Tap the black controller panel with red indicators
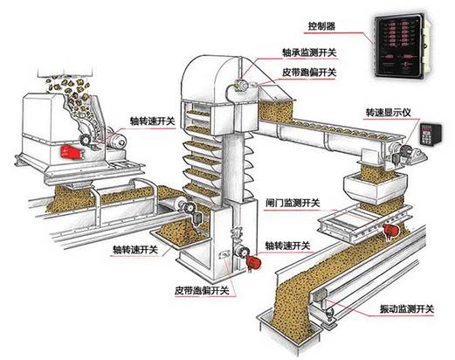point(403,50)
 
